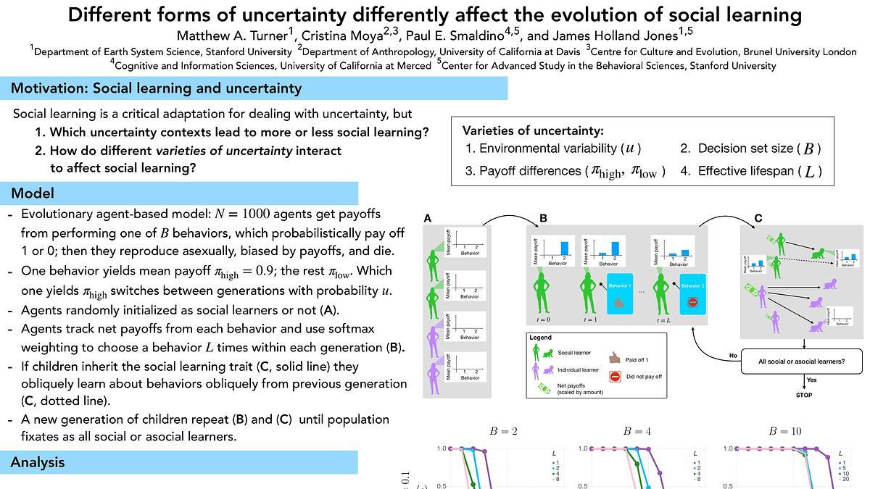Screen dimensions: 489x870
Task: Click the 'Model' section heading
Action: pos(33,193)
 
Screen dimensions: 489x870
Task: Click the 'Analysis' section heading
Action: pos(38,462)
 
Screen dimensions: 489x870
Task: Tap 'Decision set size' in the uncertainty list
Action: pos(745,149)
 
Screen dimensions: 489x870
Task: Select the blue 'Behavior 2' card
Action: pos(692,293)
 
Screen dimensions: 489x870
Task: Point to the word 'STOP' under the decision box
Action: pos(804,396)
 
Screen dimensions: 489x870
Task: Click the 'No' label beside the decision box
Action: pos(734,356)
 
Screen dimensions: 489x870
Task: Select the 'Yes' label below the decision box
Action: pos(812,380)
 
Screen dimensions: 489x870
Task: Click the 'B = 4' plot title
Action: pos(637,432)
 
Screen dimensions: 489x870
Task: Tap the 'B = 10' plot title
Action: pos(787,432)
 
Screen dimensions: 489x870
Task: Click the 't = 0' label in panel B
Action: pos(540,319)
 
